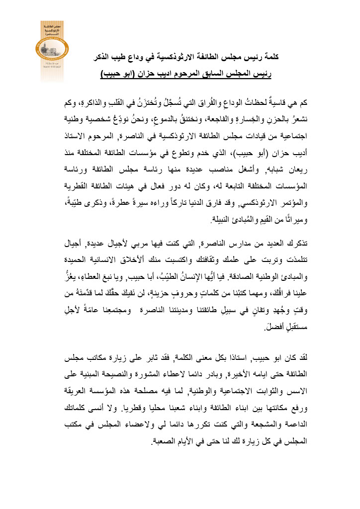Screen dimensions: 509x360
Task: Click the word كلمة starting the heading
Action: [269, 58]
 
